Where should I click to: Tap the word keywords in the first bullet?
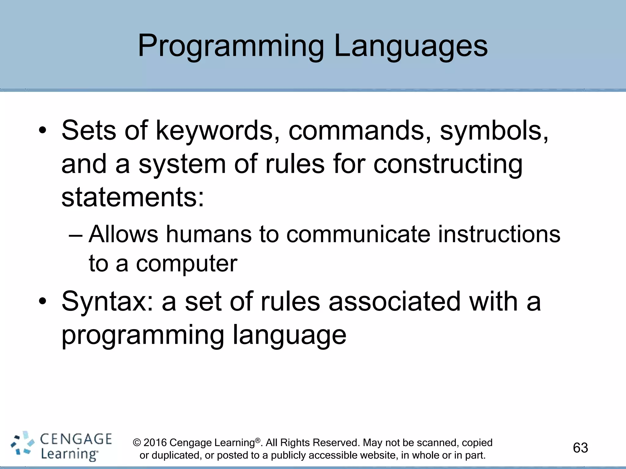(214, 131)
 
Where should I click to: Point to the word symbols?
(494, 131)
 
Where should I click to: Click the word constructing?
(448, 164)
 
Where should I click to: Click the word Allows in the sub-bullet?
(123, 234)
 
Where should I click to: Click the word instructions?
(499, 234)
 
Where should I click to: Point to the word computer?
(186, 263)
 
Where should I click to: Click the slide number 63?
(580, 448)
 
